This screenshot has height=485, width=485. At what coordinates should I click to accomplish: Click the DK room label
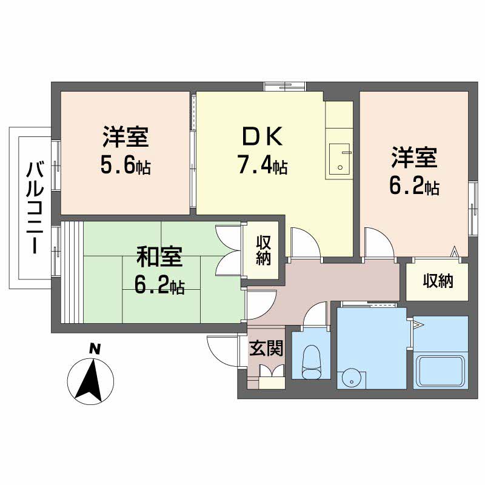[263, 136]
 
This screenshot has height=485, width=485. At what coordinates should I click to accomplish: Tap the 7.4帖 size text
[263, 164]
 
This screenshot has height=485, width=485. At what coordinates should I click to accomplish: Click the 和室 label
[159, 256]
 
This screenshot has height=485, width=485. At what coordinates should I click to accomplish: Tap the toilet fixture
[312, 361]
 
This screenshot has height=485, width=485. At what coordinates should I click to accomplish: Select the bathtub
[441, 371]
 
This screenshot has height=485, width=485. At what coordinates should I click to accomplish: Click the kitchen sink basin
[339, 159]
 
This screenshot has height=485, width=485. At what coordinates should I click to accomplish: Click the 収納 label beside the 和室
[263, 250]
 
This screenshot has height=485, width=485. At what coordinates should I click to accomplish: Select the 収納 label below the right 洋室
[438, 281]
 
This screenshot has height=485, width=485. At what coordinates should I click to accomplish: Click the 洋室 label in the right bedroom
[414, 158]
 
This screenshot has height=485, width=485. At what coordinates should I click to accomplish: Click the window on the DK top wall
[284, 86]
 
